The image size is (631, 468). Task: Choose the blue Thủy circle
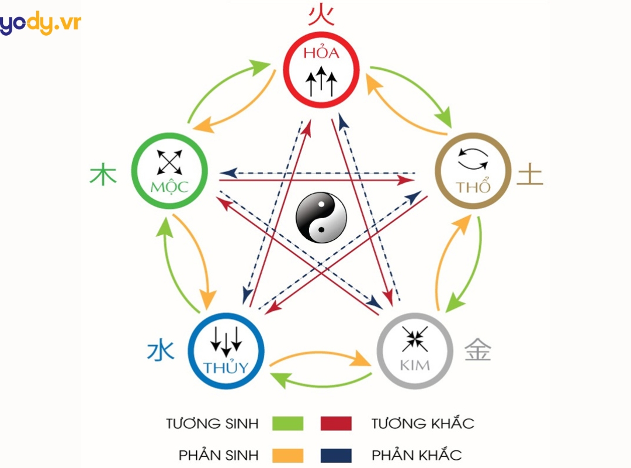(226, 351)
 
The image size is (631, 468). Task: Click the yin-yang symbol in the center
(321, 218)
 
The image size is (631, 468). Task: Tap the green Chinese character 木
(103, 174)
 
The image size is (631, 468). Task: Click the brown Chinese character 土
(531, 174)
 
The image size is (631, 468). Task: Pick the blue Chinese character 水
(160, 351)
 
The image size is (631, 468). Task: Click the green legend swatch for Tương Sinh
(288, 423)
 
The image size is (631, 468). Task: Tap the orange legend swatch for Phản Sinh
(288, 455)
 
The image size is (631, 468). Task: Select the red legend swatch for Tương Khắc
(336, 423)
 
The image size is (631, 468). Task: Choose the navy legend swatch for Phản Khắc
(336, 455)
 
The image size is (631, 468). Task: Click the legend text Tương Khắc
(422, 423)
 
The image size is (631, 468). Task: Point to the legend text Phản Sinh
(217, 455)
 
